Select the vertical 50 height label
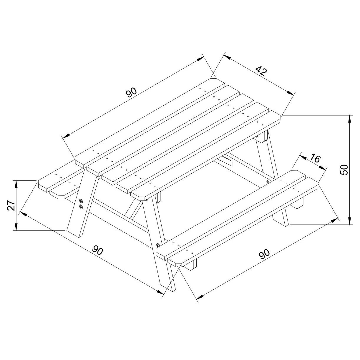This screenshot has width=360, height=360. pyautogui.click(x=344, y=170)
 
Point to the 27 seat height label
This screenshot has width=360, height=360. pyautogui.click(x=11, y=205)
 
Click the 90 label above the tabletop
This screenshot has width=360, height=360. pyautogui.click(x=131, y=92)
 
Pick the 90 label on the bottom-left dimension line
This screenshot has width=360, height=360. pyautogui.click(x=98, y=250)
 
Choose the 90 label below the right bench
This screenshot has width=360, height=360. pyautogui.click(x=264, y=254)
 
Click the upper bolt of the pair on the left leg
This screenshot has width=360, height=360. pyautogui.click(x=81, y=201)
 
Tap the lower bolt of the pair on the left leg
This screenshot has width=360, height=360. pyautogui.click(x=81, y=207)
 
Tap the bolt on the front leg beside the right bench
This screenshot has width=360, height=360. pyautogui.click(x=158, y=245)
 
